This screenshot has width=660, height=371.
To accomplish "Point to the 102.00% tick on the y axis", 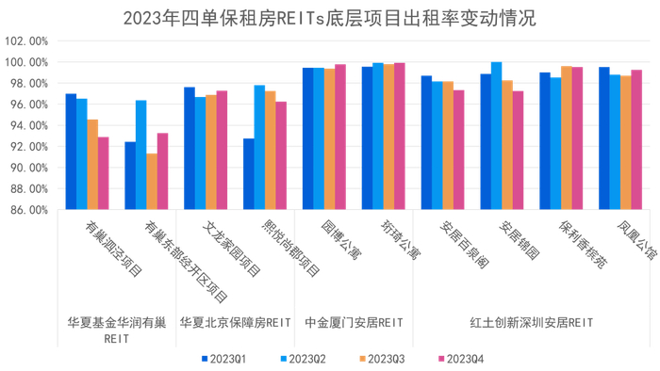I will pyautogui.click(x=26, y=41).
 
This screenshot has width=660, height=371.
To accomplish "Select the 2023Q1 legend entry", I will pyautogui.click(x=224, y=359).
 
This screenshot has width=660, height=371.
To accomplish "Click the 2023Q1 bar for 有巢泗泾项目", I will pyautogui.click(x=71, y=152).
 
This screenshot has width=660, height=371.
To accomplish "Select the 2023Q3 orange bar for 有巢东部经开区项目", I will pyautogui.click(x=152, y=182).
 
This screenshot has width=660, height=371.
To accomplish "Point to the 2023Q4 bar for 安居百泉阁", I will pyautogui.click(x=459, y=150).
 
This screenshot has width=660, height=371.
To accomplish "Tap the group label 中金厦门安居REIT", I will pyautogui.click(x=355, y=322).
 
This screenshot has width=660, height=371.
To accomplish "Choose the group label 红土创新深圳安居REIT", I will pyautogui.click(x=533, y=322).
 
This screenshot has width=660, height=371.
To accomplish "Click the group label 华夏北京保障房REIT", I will pyautogui.click(x=235, y=322).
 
